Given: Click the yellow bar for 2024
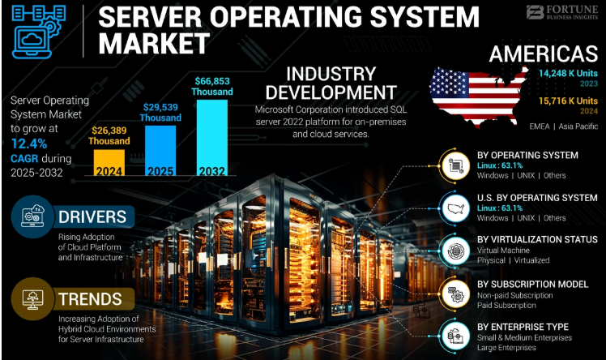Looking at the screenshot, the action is [109, 163].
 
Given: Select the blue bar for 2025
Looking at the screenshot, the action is [160, 151].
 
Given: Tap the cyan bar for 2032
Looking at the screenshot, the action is [211, 138].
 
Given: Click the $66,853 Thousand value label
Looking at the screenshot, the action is [212, 86].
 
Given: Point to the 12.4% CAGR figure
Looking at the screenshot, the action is [29, 144].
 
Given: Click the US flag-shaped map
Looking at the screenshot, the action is [479, 94].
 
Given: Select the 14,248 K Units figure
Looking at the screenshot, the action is [568, 73].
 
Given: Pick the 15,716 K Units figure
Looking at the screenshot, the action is [568, 101].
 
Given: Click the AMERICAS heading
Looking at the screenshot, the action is [544, 54].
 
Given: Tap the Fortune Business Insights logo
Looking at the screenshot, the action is [562, 12].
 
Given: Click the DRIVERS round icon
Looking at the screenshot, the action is [32, 216].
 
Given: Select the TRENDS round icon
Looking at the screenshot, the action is [32, 299].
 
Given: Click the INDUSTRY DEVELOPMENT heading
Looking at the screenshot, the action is [331, 84].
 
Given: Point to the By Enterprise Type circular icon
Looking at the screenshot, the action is [455, 335].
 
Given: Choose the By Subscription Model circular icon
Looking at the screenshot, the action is [455, 294].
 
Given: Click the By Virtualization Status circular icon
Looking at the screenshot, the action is [455, 251].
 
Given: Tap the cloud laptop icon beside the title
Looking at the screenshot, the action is [38, 32].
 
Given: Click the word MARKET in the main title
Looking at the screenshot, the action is [154, 43].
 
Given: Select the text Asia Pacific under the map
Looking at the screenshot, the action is [578, 126].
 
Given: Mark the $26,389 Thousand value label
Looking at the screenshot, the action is [109, 135].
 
